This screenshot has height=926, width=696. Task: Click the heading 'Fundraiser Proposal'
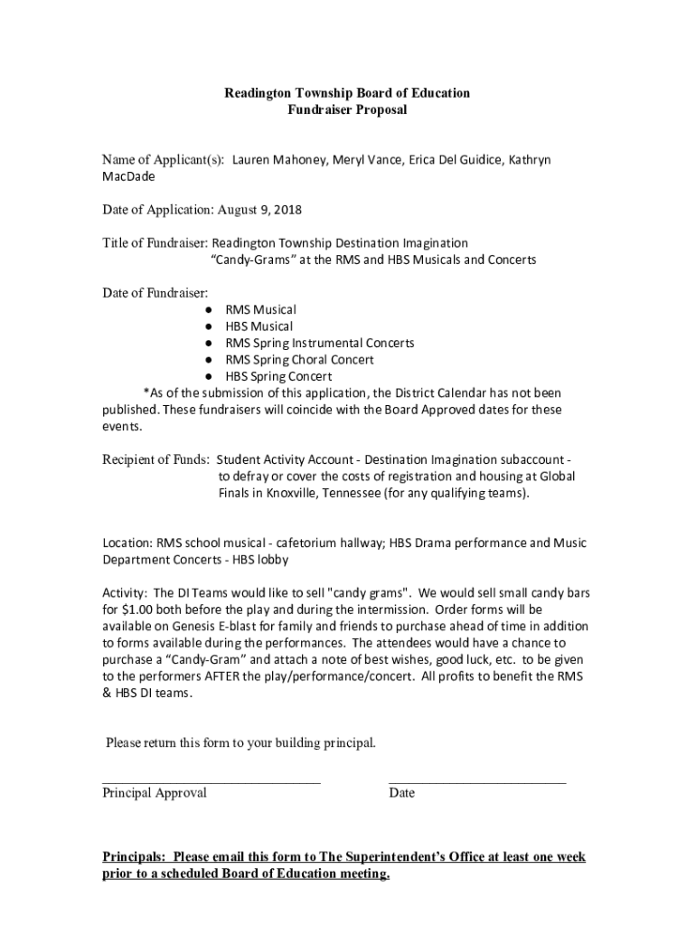tap(347, 110)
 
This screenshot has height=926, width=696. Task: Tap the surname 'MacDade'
tap(128, 176)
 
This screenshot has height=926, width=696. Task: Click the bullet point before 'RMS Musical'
tap(207, 310)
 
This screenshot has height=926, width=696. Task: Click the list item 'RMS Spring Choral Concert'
tap(299, 359)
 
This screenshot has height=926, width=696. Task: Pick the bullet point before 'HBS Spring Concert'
tap(207, 376)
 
